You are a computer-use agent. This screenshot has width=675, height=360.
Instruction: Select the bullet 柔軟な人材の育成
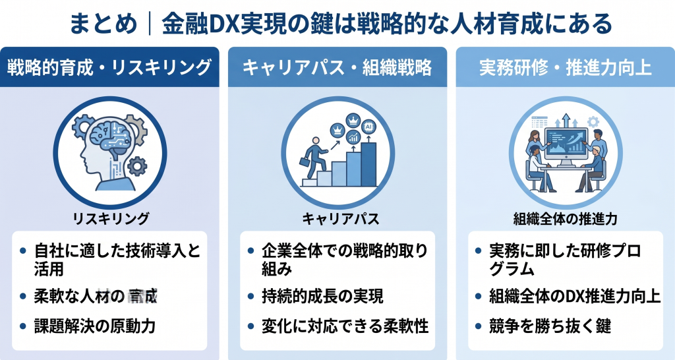(x=97, y=295)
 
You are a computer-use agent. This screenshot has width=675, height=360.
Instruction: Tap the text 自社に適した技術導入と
(x=116, y=251)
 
